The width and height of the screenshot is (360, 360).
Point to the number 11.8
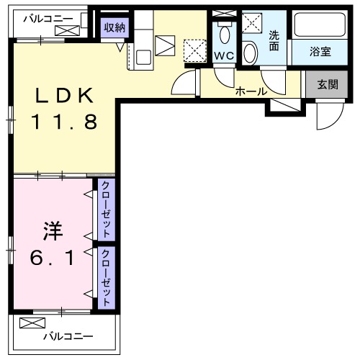63,122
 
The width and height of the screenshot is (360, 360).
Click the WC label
223,55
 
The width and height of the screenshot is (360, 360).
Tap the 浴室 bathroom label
320,52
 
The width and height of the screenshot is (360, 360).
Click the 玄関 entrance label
327,84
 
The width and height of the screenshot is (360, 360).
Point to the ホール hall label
251,91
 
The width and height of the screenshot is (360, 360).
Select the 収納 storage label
114,27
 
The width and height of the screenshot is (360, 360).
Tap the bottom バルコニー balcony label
67,336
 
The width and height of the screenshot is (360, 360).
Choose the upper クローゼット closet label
105,210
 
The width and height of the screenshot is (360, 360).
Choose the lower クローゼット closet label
105,278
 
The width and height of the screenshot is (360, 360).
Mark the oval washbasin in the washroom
250,54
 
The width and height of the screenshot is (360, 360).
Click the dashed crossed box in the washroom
252,23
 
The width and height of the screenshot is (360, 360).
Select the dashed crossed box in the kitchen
194,51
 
